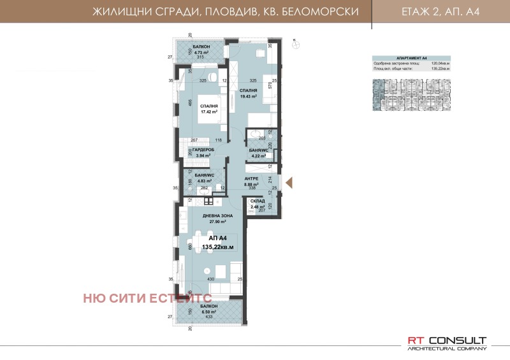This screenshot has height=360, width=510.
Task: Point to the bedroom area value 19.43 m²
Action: (248, 96)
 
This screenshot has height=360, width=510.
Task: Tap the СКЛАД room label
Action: (258, 201)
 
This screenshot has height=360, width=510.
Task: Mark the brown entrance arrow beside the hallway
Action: (288, 184)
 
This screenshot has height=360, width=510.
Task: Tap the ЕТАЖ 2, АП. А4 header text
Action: (439, 12)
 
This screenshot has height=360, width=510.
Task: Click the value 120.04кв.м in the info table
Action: (441, 63)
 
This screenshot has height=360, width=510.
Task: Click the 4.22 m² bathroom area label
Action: (258, 154)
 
